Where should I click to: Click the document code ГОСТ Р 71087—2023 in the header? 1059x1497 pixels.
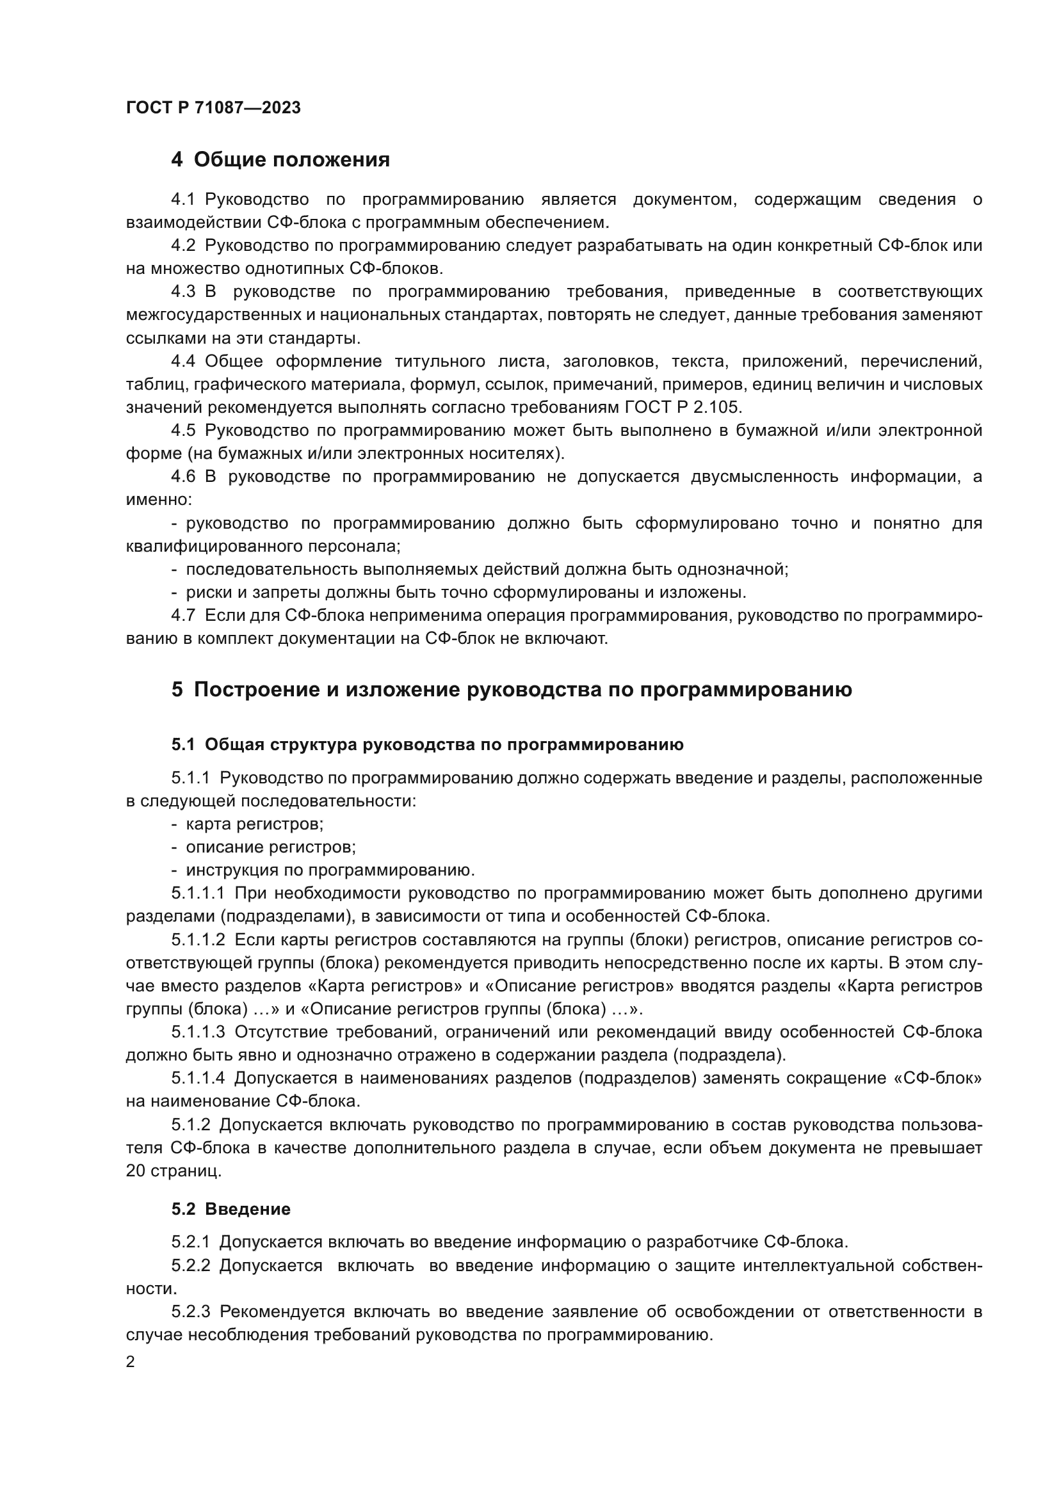tap(213, 108)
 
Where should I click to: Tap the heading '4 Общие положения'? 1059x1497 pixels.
tap(280, 160)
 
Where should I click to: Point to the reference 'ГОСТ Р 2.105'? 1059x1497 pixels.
tap(683, 407)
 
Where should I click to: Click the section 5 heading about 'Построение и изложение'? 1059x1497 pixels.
tap(512, 689)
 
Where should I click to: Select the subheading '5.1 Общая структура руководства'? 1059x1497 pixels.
tap(428, 744)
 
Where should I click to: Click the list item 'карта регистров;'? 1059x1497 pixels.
tap(254, 824)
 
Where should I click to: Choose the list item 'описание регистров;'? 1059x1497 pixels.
tap(271, 847)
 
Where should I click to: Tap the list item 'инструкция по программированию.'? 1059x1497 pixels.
tap(330, 870)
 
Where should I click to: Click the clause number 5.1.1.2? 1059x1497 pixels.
tap(198, 940)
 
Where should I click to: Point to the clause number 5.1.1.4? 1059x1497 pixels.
tap(198, 1078)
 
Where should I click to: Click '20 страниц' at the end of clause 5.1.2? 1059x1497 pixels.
tap(174, 1171)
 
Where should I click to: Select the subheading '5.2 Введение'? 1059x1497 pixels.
tap(231, 1209)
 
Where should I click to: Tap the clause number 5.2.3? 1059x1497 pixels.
tap(190, 1311)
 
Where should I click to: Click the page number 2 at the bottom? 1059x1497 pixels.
tap(131, 1362)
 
